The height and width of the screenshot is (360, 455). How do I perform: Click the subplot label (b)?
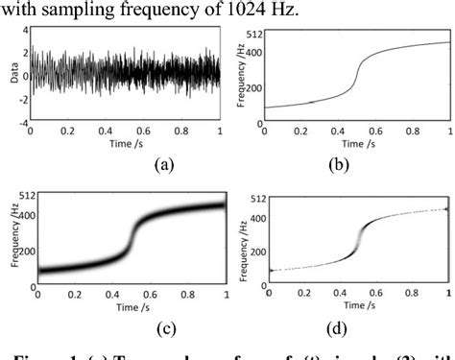pyautogui.click(x=356, y=164)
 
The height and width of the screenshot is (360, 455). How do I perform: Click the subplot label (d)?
pyautogui.click(x=356, y=324)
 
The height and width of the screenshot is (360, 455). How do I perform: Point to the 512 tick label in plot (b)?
pyautogui.click(x=252, y=34)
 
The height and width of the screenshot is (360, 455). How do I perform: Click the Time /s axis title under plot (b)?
pyautogui.click(x=356, y=145)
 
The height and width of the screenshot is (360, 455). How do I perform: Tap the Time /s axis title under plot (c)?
pyautogui.click(x=128, y=305)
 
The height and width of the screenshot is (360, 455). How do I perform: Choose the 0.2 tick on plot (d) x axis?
pyautogui.click(x=304, y=292)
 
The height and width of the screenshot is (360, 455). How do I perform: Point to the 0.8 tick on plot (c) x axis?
pyautogui.click(x=186, y=293)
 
